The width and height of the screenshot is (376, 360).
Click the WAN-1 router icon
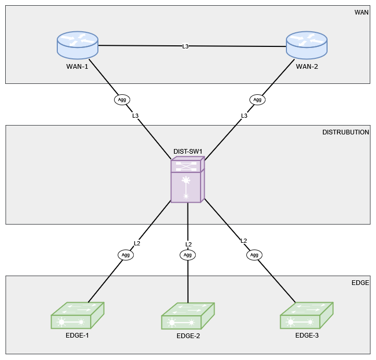tap(78, 45)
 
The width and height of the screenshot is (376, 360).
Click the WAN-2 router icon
tap(307, 45)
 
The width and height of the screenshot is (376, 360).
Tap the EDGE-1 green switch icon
tap(78, 316)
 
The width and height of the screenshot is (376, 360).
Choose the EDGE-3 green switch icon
tap(307, 315)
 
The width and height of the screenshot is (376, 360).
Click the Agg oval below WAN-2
tap(257, 99)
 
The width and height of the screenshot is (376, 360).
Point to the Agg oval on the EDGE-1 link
tap(126, 255)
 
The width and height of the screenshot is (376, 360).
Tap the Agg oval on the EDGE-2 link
tap(188, 255)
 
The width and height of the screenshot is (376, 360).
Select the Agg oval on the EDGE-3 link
tap(254, 255)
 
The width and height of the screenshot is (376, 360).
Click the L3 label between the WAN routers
tap(185, 46)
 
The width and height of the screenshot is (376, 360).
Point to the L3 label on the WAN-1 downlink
tap(135, 116)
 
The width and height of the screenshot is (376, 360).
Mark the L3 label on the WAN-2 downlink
tap(244, 116)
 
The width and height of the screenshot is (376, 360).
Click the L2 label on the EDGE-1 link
tap(137, 243)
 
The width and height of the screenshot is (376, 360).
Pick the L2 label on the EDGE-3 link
tap(244, 241)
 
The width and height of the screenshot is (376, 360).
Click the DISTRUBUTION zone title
tap(346, 132)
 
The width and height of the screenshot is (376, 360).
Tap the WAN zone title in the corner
tap(361, 11)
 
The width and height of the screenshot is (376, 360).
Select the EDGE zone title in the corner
tap(360, 282)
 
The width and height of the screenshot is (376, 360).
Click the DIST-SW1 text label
tap(187, 152)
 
